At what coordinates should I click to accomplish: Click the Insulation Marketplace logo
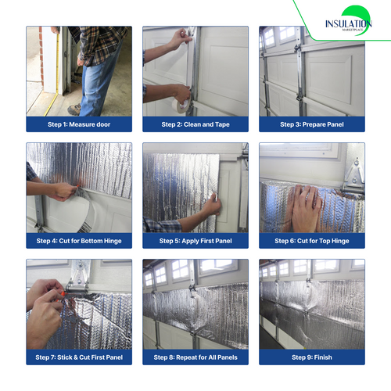pos(348,23)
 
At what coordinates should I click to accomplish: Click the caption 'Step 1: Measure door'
pos(79,124)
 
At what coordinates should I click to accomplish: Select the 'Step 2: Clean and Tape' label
pos(195,124)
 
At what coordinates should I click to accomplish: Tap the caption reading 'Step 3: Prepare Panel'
pos(311,124)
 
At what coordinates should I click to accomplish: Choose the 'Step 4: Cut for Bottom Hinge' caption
pos(79,241)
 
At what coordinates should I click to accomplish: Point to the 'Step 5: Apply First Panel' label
pos(195,241)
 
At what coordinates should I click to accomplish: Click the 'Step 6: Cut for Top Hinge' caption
pos(311,241)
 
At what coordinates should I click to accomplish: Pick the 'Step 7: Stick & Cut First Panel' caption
pos(79,357)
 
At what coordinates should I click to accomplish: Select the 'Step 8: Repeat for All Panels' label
pos(195,357)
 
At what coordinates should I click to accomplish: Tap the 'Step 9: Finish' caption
pos(311,357)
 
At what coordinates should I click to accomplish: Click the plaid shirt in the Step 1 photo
pos(102,43)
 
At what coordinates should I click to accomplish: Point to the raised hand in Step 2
pos(181,38)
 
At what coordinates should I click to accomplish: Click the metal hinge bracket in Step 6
pos(353,168)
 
